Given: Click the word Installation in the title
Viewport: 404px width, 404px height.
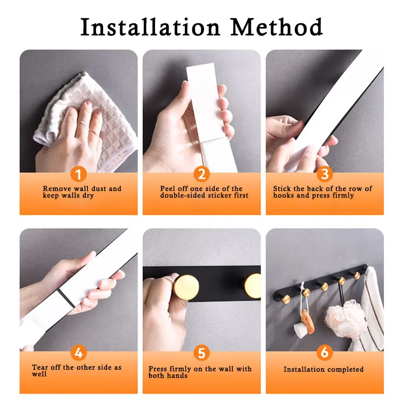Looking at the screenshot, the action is coord(150,27).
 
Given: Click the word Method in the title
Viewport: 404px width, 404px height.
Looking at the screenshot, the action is coord(276,27).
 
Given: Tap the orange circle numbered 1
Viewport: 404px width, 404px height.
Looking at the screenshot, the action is coord(78,174).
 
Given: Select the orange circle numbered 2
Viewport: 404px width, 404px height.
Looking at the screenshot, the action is coord(201,174).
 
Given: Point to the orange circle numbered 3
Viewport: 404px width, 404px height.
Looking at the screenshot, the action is coord(325,174).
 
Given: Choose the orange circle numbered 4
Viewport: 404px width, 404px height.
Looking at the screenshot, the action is coord(78,352).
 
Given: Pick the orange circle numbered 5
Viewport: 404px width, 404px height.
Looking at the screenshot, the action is coord(201,352).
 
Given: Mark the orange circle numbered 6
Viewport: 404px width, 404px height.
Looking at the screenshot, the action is coord(325,352).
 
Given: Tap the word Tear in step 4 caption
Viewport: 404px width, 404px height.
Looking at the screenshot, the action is coord(40,368).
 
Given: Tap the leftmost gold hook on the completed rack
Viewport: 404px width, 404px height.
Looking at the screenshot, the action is coord(286,299).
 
